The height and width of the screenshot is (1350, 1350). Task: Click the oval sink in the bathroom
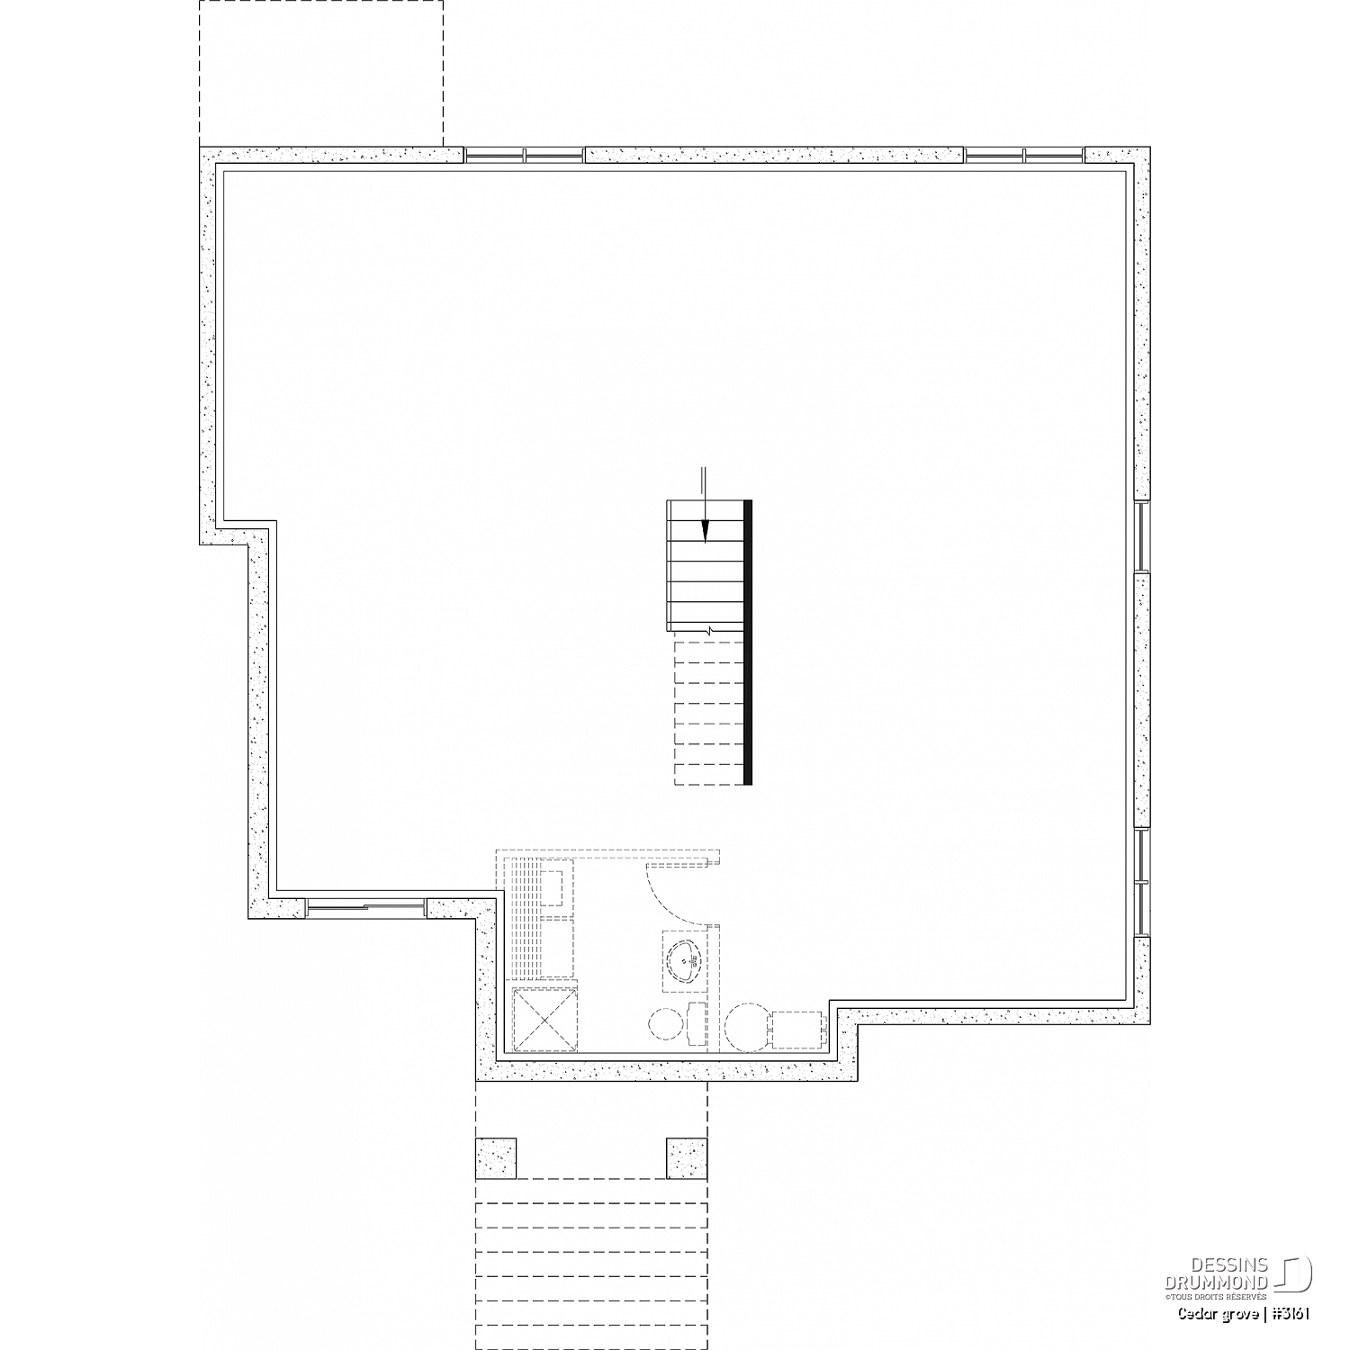click(687, 962)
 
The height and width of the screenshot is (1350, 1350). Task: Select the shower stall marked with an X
click(544, 1019)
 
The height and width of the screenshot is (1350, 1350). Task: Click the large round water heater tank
click(748, 1027)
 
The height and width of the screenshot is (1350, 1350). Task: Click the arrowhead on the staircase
click(705, 532)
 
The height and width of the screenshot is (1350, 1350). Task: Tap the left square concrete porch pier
click(496, 1158)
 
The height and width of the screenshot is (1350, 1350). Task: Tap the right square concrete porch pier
click(687, 1158)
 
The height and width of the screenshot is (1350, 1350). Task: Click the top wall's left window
click(525, 156)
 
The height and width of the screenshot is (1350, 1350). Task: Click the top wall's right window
click(1024, 156)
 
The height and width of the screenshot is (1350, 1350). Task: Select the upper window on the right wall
click(1143, 536)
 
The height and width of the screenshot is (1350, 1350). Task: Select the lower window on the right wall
click(1143, 881)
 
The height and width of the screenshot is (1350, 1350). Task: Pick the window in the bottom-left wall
click(365, 907)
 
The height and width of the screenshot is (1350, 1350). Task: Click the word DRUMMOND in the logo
click(1217, 1282)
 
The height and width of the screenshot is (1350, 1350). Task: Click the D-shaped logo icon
click(1293, 1273)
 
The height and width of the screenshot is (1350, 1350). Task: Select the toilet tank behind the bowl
click(695, 1023)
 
